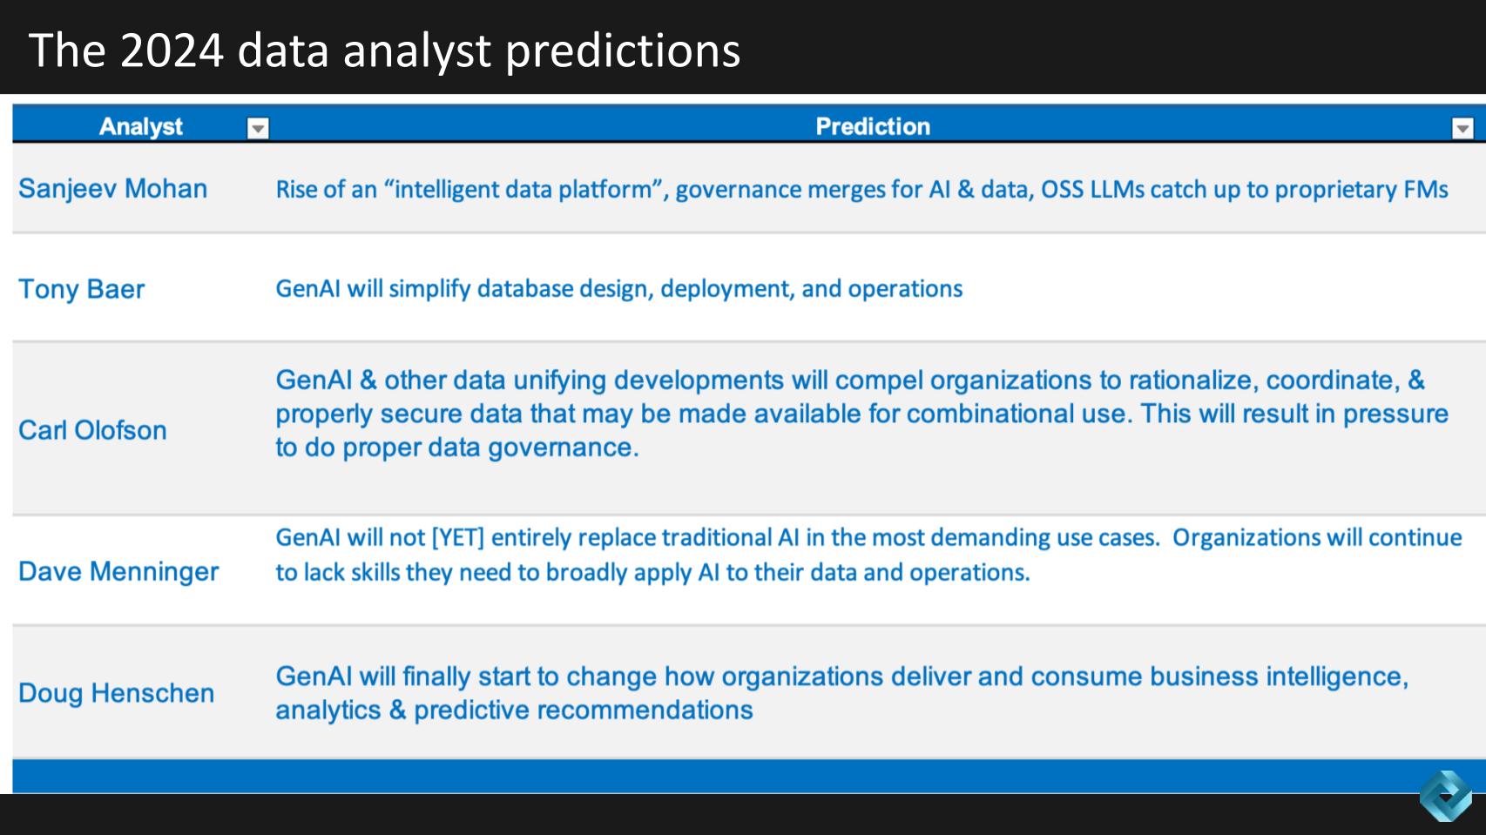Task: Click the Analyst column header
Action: tap(140, 126)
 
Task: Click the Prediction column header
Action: tap(873, 126)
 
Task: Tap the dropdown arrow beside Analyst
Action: tap(258, 127)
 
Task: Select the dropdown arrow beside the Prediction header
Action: tap(1462, 127)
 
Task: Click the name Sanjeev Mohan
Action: tap(112, 189)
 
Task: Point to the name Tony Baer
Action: tap(81, 289)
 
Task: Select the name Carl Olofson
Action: tap(92, 430)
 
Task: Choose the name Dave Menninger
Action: tap(118, 572)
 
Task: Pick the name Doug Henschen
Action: tap(116, 693)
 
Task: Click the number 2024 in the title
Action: tap(172, 51)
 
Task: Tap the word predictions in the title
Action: tap(623, 51)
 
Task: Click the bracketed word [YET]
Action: tap(458, 537)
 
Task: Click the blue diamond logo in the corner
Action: tap(1446, 796)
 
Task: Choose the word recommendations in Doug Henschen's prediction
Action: tap(645, 710)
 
